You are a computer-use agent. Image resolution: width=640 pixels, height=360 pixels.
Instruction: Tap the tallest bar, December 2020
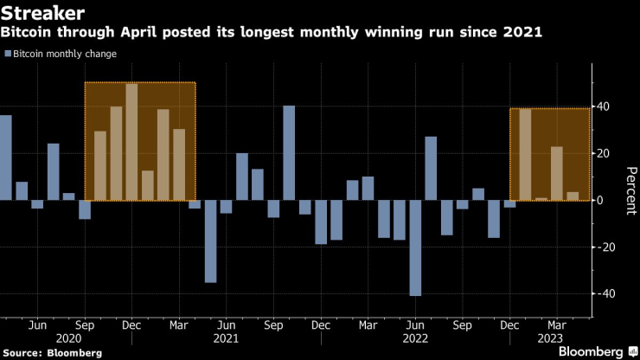(x=131, y=142)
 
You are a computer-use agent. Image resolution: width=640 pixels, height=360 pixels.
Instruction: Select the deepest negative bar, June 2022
(x=415, y=247)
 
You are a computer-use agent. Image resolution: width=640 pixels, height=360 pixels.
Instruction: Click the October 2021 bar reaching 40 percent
(x=289, y=153)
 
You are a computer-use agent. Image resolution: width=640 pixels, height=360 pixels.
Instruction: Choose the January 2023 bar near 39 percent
(x=525, y=155)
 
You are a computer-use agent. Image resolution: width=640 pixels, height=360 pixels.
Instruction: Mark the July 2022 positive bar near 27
(x=431, y=169)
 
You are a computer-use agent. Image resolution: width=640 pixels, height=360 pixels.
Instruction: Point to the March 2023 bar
(x=556, y=174)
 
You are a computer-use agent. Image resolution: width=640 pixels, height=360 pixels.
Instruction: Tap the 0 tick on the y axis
(x=600, y=200)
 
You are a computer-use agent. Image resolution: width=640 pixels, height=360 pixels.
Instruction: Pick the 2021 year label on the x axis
(x=226, y=339)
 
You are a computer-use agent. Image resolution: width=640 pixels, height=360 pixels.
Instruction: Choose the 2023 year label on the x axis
(x=556, y=339)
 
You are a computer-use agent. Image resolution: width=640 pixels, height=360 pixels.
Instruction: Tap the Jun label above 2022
(x=415, y=325)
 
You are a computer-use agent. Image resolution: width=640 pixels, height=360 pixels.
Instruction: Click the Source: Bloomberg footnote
(x=52, y=353)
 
